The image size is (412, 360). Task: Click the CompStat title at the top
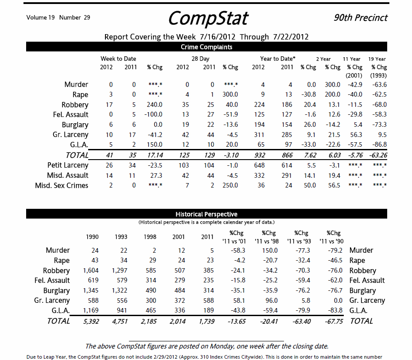tap(208, 19)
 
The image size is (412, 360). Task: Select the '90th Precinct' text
tap(361, 18)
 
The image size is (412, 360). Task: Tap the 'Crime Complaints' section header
tap(206, 47)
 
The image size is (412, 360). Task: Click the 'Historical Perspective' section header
tap(206, 215)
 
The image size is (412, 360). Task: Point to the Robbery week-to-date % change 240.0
tap(155, 105)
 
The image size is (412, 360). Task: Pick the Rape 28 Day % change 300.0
tap(230, 95)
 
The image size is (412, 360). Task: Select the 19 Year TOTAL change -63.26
tap(378, 156)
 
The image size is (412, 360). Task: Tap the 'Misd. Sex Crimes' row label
tap(62, 186)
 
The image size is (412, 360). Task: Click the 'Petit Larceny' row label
tap(68, 165)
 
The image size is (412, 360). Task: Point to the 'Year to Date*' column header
tap(278, 59)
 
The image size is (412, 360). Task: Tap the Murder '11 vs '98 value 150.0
tap(269, 250)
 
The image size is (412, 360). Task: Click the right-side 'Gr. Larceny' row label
tap(367, 301)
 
